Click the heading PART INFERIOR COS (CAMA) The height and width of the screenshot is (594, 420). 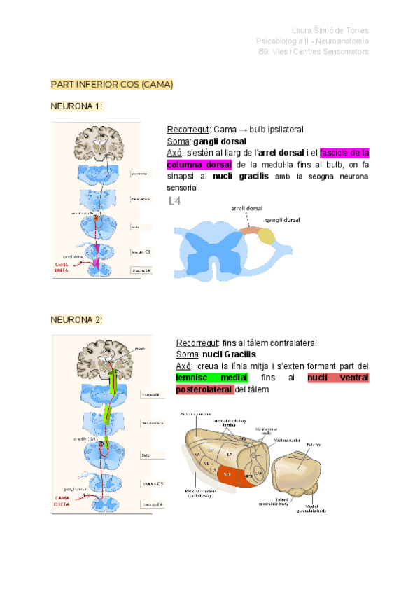tap(111, 85)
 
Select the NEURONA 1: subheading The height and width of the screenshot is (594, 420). tap(77, 106)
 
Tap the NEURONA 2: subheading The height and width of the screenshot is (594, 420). tap(77, 319)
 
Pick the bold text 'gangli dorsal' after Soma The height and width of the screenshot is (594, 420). tap(220, 141)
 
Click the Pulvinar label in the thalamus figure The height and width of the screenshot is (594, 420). tap(314, 445)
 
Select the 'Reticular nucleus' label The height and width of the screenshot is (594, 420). tap(204, 493)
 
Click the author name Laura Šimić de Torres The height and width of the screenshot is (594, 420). tap(330, 30)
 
